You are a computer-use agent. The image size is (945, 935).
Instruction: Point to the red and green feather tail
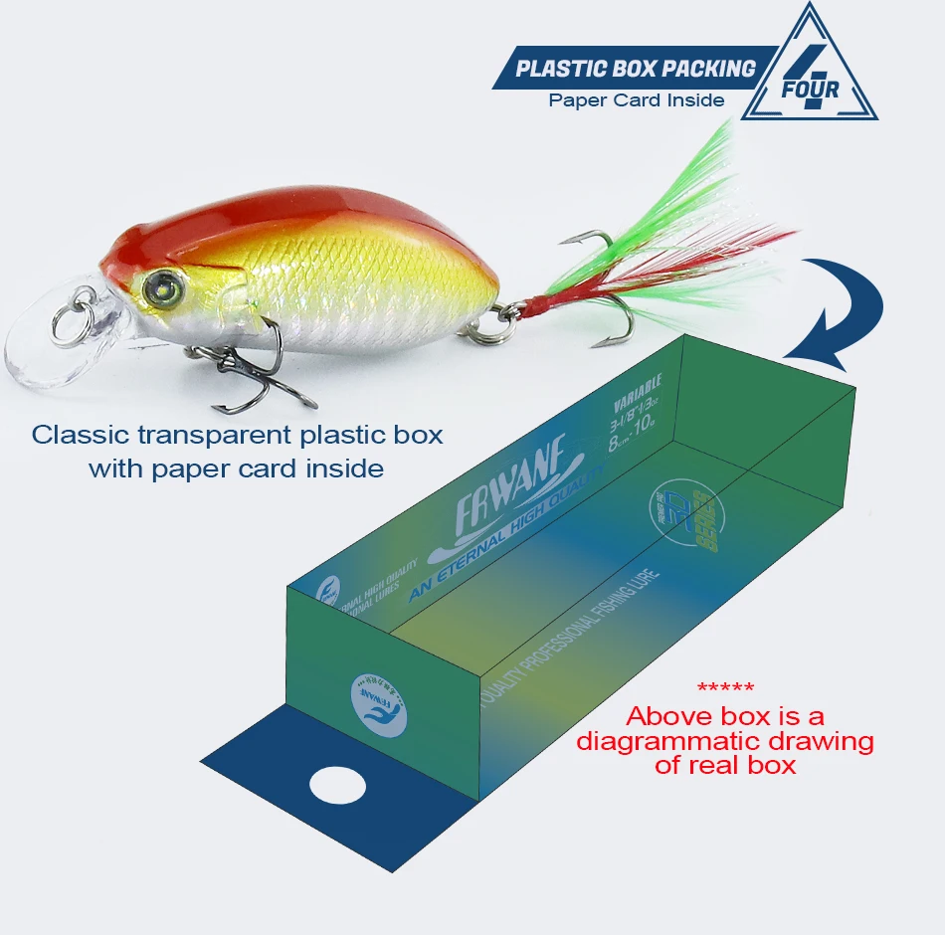tap(686, 239)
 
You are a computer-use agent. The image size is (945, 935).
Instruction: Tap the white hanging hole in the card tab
tap(338, 786)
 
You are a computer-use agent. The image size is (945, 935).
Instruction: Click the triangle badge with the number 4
tap(810, 75)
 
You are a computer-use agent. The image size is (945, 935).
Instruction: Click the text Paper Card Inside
tap(637, 99)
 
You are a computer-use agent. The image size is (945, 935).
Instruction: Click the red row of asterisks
tap(725, 687)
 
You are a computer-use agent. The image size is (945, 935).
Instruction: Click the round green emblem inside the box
tap(687, 514)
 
